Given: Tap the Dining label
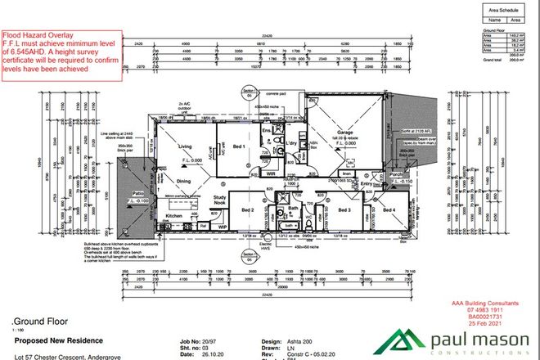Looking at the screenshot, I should (x=183, y=182).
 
